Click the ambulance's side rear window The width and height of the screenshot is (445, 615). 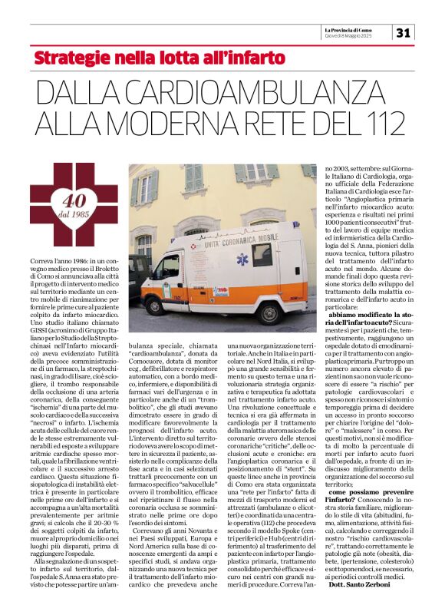coord(263,254)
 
